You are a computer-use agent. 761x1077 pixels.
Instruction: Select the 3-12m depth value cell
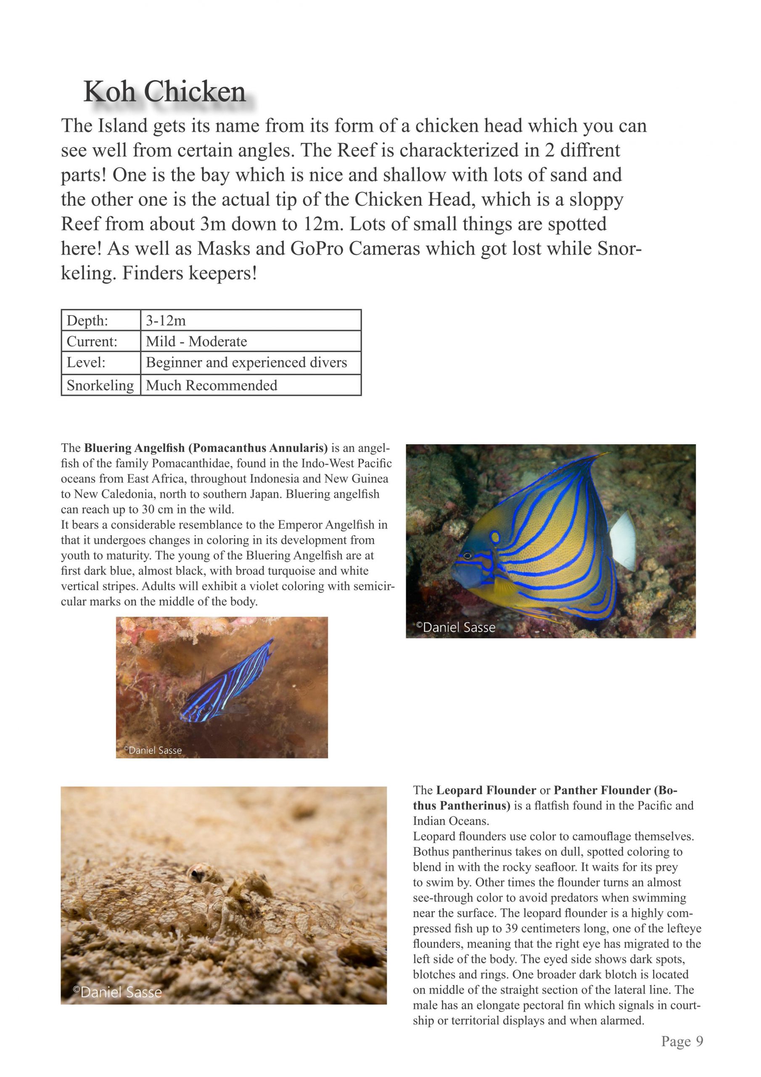tap(166, 321)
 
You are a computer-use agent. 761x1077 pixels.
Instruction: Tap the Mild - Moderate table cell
tap(196, 342)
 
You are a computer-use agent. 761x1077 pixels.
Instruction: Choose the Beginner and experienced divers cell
tap(246, 363)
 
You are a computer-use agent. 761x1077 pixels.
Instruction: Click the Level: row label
tap(86, 363)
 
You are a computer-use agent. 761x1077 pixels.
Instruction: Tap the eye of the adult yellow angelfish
tap(468, 556)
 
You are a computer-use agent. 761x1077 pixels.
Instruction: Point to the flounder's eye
tap(196, 873)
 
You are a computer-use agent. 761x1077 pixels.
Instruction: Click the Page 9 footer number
tap(682, 1054)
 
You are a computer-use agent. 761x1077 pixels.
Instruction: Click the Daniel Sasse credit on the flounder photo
tap(117, 992)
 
